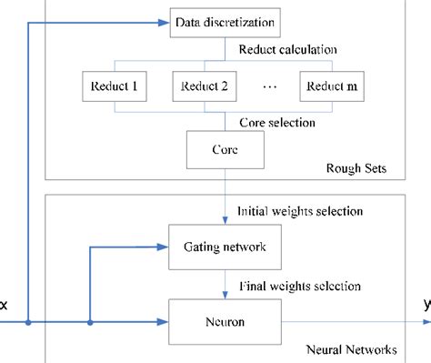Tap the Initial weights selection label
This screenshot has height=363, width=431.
click(299, 211)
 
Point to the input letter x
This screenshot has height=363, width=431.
click(5, 307)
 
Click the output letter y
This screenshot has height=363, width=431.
click(426, 307)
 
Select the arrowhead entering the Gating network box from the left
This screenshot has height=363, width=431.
click(165, 247)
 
